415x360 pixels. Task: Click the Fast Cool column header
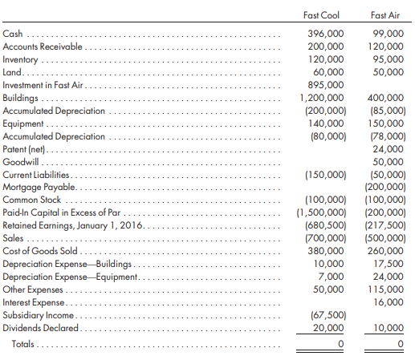coord(322,14)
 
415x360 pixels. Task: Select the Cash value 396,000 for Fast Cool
coord(327,34)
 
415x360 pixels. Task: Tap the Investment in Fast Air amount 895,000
coord(327,85)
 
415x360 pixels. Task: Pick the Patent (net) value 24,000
coord(389,149)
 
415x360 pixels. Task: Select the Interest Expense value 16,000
coord(389,302)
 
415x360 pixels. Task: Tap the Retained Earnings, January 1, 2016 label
coord(75,225)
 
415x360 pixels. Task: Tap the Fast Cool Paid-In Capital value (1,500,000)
coord(321,212)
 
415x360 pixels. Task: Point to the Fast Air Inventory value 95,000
coord(389,59)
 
